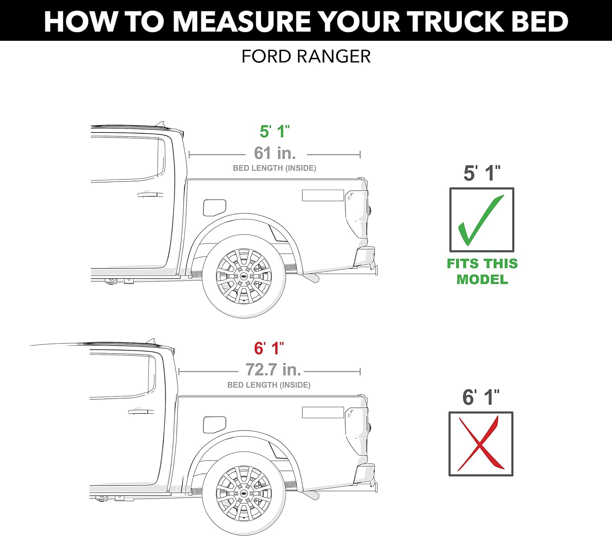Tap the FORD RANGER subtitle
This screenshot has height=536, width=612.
point(306,56)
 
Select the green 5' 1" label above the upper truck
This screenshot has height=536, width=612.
point(275,131)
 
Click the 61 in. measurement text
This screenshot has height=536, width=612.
point(275,153)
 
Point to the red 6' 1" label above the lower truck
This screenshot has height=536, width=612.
point(269,348)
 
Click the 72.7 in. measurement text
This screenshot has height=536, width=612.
point(273,370)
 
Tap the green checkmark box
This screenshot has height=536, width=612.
point(481,220)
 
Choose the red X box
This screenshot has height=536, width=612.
point(481,443)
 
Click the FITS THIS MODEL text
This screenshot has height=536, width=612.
point(482,271)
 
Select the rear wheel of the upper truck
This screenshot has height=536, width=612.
point(244,276)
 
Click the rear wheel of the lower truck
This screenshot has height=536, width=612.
point(244,494)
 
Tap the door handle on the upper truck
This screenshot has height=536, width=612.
point(150,194)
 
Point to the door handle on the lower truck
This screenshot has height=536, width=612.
point(141,412)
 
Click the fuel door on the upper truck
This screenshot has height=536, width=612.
point(214,208)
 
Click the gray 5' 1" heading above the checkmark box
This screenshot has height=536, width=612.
point(481,173)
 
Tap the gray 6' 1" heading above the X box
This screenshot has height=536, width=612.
point(481,397)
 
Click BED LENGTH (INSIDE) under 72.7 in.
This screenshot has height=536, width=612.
point(269,385)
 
